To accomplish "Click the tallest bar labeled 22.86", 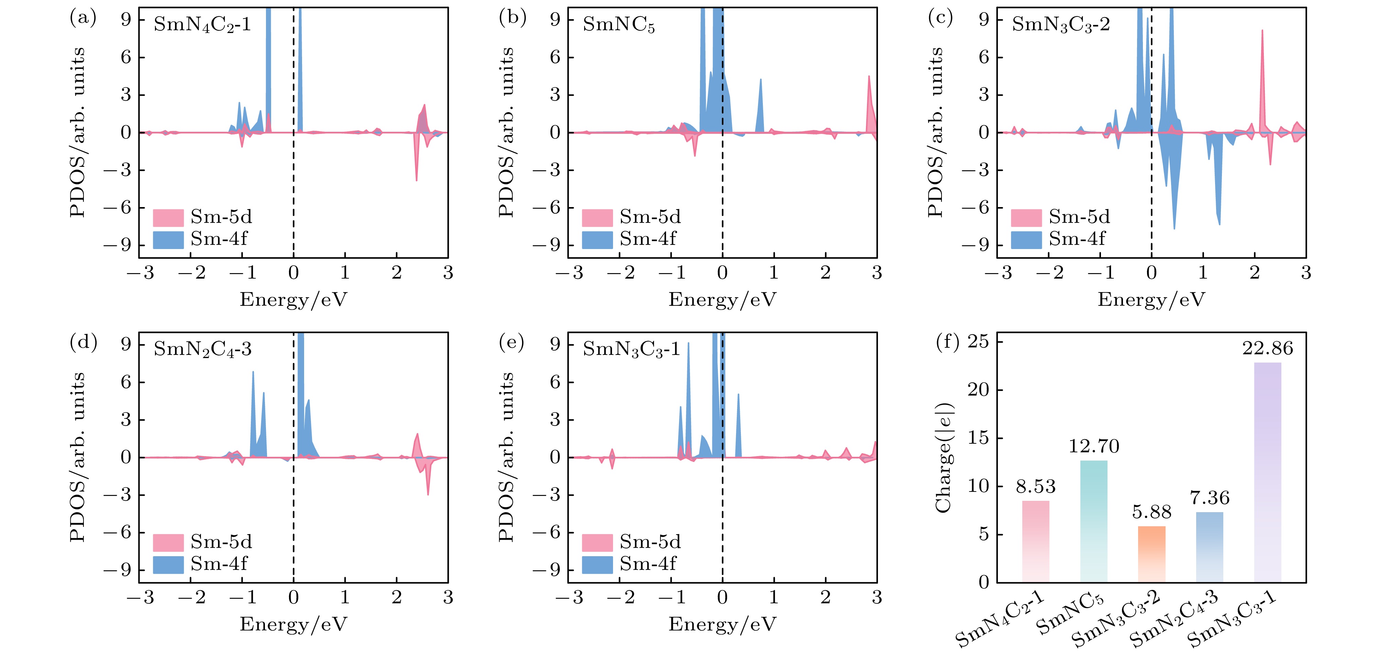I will click(1268, 472).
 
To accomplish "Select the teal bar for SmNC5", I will click(1093, 520).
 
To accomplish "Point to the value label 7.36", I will click(1210, 498).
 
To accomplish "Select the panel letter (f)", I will click(947, 342).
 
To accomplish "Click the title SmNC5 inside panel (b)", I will click(619, 25).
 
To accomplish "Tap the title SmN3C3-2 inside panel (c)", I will click(1061, 25).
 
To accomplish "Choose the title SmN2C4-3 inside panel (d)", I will click(202, 350).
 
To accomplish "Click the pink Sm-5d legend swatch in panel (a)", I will click(168, 217).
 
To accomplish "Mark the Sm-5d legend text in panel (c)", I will click(1079, 217).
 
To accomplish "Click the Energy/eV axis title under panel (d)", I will click(293, 624).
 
